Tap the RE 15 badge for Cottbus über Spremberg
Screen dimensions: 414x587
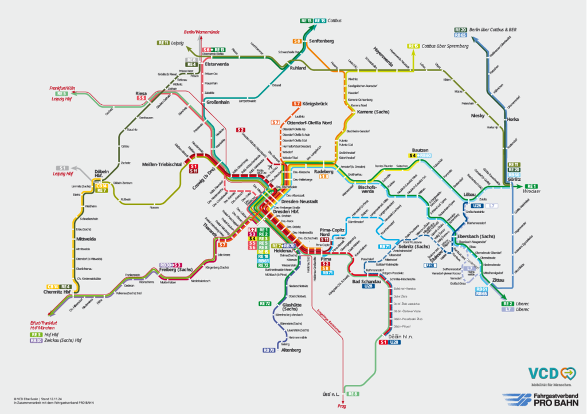(413, 46)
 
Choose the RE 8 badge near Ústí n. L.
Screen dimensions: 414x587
(353, 394)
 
